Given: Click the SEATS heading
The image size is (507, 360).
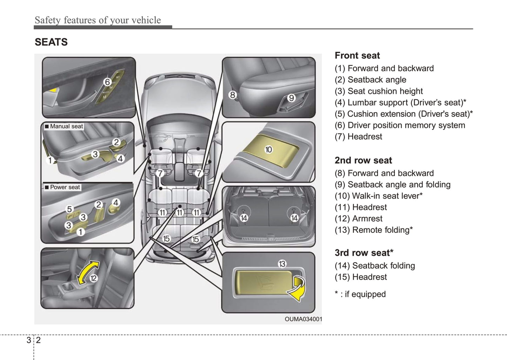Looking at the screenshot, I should click(51, 42).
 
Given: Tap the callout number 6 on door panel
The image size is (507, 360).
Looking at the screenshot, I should click(107, 82).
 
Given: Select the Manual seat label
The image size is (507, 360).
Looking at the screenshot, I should click(64, 126).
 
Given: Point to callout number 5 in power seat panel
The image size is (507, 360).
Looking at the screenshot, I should click(69, 209).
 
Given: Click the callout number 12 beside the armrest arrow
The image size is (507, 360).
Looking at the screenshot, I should click(93, 278).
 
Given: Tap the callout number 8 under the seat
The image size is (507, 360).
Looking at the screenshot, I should click(232, 95).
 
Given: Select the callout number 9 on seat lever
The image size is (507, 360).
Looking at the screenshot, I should click(291, 98).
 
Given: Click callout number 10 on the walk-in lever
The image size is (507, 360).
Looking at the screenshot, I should click(268, 149).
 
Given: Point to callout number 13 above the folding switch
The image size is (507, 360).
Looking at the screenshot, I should click(282, 264).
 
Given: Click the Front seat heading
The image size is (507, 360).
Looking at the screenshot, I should click(357, 55).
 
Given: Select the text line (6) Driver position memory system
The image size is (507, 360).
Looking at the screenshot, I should click(400, 125).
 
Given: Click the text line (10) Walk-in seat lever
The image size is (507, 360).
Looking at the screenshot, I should click(378, 196).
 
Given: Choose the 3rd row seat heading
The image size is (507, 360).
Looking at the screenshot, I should click(364, 253).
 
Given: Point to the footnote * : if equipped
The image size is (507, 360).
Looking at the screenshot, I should click(360, 294).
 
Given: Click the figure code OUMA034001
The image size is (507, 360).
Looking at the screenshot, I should click(303, 319).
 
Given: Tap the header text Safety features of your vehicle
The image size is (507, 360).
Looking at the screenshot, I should click(98, 20).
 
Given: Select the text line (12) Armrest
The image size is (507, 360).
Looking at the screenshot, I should click(358, 219).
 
